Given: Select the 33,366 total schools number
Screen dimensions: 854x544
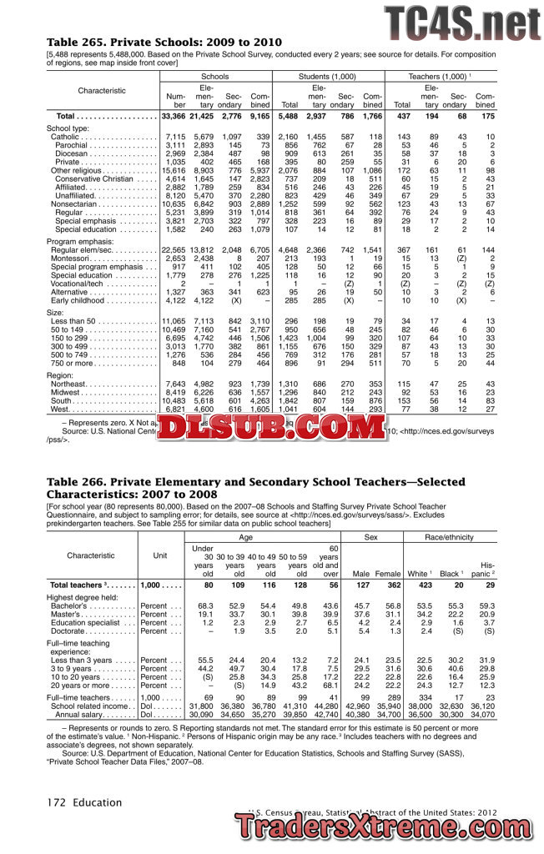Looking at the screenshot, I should (x=174, y=116).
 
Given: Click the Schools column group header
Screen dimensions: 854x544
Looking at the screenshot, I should (x=214, y=76).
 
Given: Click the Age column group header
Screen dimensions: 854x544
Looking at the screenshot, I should (x=262, y=539).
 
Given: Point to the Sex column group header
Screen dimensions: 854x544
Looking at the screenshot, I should (x=371, y=539).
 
